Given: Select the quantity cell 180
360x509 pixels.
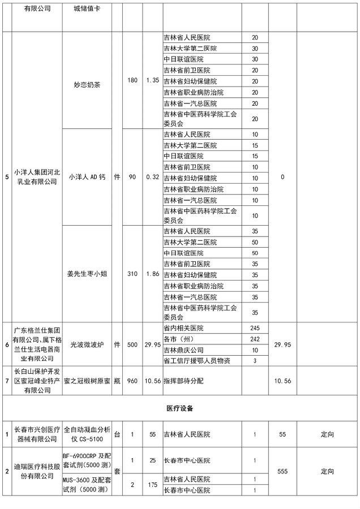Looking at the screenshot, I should point(133,80).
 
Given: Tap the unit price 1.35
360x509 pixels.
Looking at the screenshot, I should point(152,80).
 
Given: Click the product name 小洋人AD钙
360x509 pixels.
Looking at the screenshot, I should point(87,177).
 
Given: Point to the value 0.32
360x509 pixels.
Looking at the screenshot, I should point(152,177).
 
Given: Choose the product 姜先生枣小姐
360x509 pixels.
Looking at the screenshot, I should point(87,274).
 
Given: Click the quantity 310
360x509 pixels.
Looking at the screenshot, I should point(133,274).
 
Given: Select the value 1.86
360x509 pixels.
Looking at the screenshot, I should point(152,274).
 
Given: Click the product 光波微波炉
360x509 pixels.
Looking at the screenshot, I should point(87,344).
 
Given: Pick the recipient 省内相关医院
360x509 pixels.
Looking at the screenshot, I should point(183,328).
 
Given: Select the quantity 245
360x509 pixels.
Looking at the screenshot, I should point(255,328).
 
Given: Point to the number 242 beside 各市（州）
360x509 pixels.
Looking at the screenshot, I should point(255,339).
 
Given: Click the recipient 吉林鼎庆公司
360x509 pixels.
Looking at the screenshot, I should point(183,350).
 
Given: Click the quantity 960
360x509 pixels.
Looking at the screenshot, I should point(133,381).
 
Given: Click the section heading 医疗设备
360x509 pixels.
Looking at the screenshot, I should point(179,408).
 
